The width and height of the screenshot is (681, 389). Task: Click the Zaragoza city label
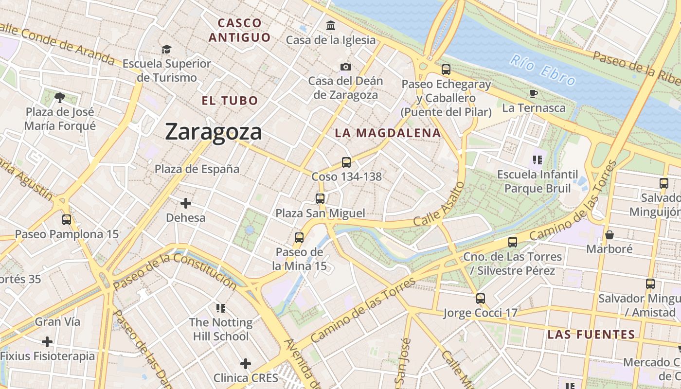click(214, 132)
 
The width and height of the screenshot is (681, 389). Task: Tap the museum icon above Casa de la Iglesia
click(331, 25)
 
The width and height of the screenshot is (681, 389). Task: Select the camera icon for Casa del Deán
click(346, 67)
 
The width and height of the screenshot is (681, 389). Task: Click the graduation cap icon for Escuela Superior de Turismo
click(166, 49)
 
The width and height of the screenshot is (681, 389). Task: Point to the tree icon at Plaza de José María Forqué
click(60, 98)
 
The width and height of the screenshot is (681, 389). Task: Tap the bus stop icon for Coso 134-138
click(346, 162)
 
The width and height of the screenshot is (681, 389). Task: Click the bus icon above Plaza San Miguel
click(320, 198)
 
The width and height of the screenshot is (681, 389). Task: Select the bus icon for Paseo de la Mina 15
click(299, 237)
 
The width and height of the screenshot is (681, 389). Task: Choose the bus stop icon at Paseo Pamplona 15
click(67, 219)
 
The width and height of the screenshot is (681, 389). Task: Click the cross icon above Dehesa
click(185, 203)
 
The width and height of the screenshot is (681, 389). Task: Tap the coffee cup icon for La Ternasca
click(534, 93)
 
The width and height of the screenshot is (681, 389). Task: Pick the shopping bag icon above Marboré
click(609, 235)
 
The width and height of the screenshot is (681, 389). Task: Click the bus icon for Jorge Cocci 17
click(481, 298)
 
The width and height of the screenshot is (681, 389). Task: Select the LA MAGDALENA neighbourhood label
click(388, 133)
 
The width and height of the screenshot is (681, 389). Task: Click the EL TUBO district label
click(230, 101)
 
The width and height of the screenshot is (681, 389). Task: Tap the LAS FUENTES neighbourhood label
click(591, 335)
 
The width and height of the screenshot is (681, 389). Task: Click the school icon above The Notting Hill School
click(221, 308)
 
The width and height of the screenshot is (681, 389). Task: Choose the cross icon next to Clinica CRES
click(246, 363)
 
